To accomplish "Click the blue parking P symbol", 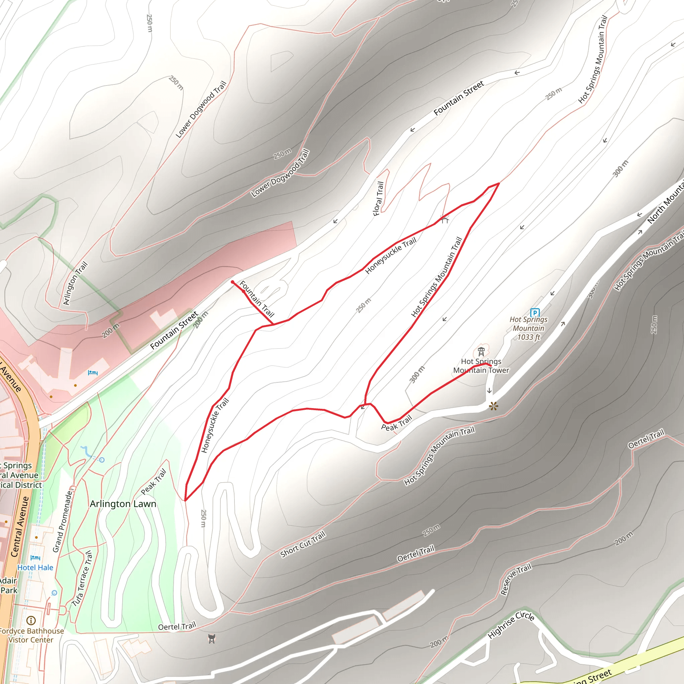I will click(535, 313).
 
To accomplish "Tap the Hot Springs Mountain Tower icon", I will click(481, 352).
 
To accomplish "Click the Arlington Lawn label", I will click(123, 504).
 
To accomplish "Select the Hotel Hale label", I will click(35, 567).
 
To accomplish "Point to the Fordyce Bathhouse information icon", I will click(31, 620).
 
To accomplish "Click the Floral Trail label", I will click(378, 199).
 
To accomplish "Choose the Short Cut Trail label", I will click(303, 544).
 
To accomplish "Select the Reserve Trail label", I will click(516, 579).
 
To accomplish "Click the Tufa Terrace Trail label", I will click(82, 578).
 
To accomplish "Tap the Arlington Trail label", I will click(75, 283).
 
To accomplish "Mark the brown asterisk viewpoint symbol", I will click(493, 406).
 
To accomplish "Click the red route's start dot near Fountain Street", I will click(232, 282).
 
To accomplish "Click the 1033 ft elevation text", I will click(529, 337).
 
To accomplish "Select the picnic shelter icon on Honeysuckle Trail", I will click(445, 219).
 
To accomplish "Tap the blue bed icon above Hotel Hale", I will click(35, 558).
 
